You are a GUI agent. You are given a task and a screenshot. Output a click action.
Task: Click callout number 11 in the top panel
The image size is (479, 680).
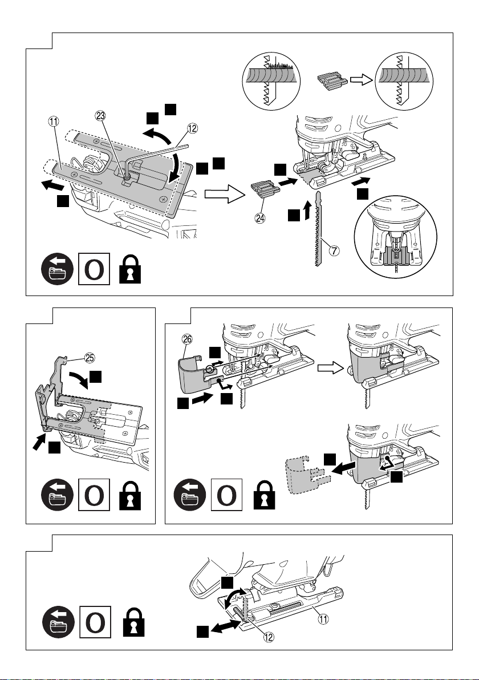pyautogui.click(x=54, y=122)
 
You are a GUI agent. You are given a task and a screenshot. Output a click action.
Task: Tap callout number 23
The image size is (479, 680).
pyautogui.click(x=101, y=116)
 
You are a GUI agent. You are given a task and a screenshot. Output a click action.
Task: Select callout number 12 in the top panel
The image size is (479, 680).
pyautogui.click(x=192, y=128)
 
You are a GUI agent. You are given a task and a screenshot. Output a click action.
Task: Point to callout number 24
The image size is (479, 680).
pyautogui.click(x=260, y=218)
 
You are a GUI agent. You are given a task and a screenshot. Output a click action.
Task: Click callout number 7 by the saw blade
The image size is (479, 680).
pyautogui.click(x=334, y=250)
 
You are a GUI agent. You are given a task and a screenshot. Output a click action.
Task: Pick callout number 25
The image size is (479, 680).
pyautogui.click(x=90, y=358)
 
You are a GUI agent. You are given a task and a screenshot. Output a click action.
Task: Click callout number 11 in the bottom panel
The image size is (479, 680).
pyautogui.click(x=323, y=619)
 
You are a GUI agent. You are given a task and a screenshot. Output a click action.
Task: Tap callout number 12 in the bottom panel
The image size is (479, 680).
pyautogui.click(x=269, y=637)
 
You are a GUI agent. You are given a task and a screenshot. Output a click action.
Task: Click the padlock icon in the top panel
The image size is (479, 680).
pyautogui.click(x=131, y=269)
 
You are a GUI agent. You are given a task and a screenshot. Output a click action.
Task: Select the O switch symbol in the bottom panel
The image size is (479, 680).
pyautogui.click(x=95, y=622)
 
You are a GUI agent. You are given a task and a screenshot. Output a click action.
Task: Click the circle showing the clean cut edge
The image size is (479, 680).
pyautogui.click(x=404, y=82)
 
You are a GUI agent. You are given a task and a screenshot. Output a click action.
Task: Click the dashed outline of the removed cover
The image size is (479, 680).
pyautogui.click(x=308, y=475)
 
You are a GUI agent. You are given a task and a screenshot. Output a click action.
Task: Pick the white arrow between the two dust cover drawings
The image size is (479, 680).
pyautogui.click(x=331, y=368)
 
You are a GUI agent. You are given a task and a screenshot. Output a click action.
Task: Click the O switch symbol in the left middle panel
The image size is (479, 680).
pyautogui.click(x=94, y=495)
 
